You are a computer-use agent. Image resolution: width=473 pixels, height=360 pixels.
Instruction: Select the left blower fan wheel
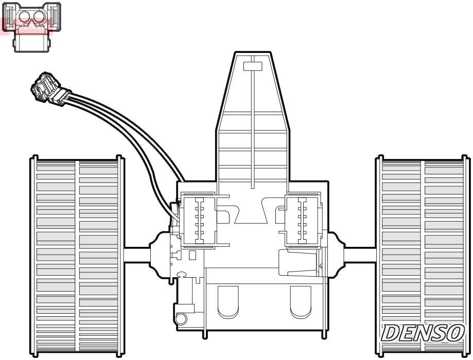76,256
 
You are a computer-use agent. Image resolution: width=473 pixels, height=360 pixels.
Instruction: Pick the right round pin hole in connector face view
40,17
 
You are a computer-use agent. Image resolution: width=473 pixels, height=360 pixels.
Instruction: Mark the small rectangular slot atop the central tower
253,65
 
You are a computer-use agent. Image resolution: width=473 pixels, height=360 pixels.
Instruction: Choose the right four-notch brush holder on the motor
303,219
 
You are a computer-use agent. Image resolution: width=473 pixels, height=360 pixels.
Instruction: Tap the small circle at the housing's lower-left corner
181,319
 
